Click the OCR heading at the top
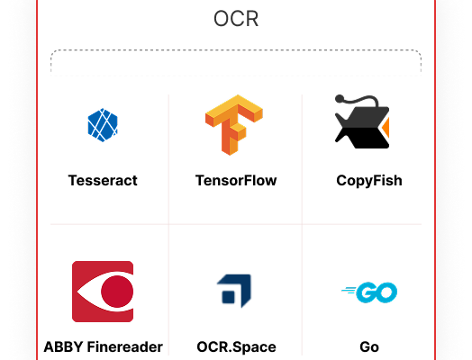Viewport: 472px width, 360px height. (236, 19)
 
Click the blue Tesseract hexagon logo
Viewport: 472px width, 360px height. (103, 125)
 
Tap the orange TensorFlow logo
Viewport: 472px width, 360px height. (234, 125)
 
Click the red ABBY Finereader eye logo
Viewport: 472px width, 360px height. (103, 292)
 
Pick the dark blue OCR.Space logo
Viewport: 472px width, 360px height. (234, 291)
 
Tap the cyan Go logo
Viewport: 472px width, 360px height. (369, 292)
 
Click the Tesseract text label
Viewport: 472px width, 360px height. (103, 181)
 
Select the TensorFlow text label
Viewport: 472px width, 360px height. (236, 181)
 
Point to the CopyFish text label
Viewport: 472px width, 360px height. (369, 181)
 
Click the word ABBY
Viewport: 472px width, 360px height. (63, 346)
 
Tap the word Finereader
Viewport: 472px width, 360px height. (125, 346)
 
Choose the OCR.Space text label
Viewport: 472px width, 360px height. (236, 347)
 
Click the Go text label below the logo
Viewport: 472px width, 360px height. (369, 346)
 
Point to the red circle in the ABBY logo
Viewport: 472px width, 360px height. (117, 292)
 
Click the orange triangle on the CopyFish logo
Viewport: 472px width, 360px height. (386, 128)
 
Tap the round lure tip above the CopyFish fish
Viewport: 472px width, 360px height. (340, 99)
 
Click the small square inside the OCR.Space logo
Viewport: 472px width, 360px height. (228, 296)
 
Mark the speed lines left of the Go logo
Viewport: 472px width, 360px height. (349, 290)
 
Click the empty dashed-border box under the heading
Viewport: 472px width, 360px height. (236, 62)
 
